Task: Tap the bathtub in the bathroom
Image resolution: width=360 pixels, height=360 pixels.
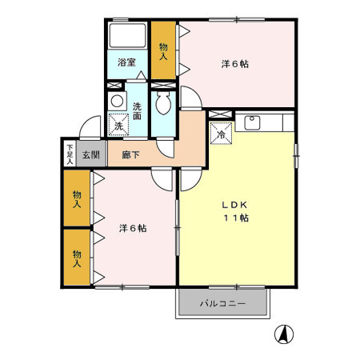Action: (127, 37)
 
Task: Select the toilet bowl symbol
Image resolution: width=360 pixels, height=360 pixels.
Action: (164, 103)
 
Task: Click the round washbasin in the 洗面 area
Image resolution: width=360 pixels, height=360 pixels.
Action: (117, 101)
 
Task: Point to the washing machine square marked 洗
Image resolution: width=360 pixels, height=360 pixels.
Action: (119, 126)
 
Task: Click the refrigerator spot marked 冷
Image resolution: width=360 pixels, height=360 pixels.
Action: (220, 134)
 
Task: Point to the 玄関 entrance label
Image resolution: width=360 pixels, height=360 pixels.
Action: (90, 154)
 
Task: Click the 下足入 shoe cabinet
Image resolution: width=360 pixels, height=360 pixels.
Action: (70, 154)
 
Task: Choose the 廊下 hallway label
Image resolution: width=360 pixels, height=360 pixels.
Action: (131, 154)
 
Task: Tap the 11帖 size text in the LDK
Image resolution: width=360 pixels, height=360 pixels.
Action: (235, 218)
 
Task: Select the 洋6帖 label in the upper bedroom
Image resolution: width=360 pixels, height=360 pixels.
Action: (234, 66)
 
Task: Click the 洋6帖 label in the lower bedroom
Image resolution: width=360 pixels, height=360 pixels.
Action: (132, 228)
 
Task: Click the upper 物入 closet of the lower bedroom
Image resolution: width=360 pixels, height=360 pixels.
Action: (78, 199)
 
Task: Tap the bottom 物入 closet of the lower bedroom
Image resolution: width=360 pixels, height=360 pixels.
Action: (78, 257)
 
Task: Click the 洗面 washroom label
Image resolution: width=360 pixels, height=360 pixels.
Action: (137, 110)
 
